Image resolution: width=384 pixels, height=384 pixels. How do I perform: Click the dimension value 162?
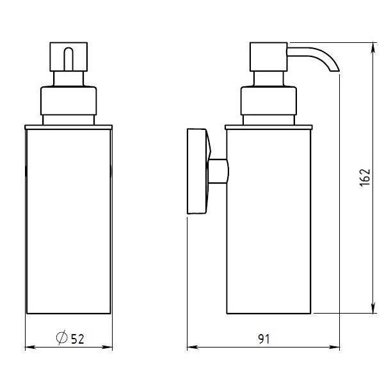click(365, 178)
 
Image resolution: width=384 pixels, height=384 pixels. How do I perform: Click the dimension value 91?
click(264, 339)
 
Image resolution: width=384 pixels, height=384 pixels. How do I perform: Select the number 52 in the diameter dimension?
click(77, 339)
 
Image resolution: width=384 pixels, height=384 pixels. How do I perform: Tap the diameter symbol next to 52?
click(61, 337)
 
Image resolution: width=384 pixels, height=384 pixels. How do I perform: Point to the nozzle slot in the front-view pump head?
click(68, 59)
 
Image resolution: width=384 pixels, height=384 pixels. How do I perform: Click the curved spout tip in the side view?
click(335, 70)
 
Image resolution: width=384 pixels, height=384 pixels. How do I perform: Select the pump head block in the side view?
click(268, 57)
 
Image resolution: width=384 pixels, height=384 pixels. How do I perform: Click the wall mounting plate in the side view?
click(197, 171)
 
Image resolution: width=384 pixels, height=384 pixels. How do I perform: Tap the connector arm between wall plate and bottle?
click(218, 171)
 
